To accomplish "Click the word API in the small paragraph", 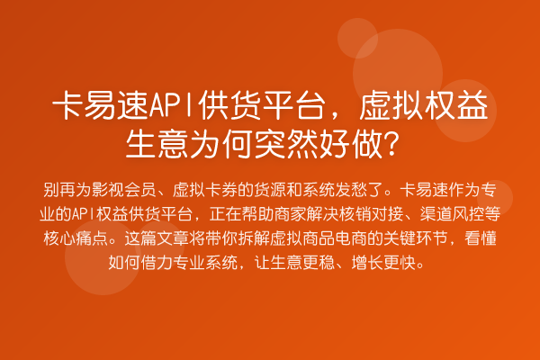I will (87, 214).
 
